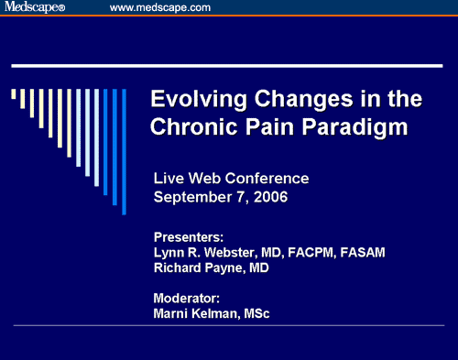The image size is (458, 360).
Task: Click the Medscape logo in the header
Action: [x=31, y=8]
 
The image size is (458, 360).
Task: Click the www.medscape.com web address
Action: [x=159, y=8]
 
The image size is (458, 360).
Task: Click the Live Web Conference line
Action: [x=231, y=178]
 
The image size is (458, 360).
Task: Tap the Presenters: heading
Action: [x=189, y=235]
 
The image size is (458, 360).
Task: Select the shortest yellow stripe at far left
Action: [x=14, y=93]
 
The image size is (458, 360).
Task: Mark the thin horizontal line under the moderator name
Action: [x=229, y=326]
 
